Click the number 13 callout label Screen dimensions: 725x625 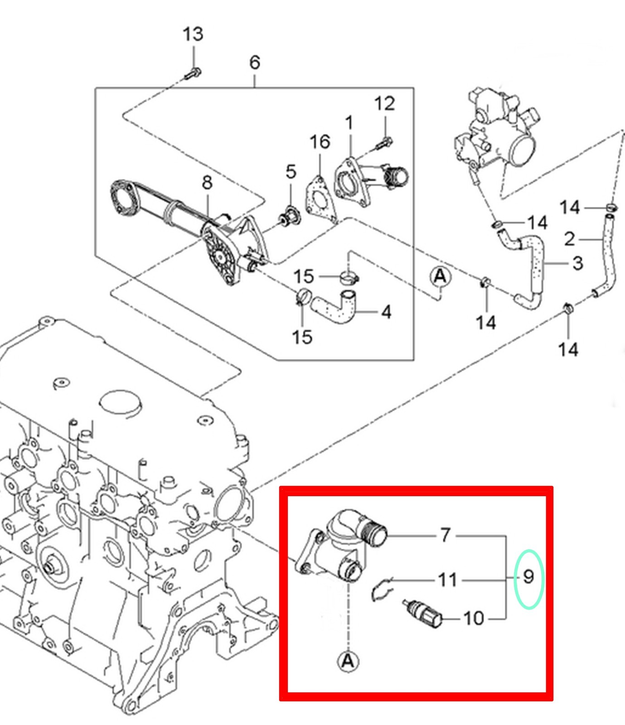[x=193, y=34]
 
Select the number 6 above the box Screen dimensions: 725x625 [x=255, y=62]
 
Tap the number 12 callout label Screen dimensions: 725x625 [x=384, y=104]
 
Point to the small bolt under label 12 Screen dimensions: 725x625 [x=384, y=143]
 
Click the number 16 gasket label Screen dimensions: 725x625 [x=320, y=142]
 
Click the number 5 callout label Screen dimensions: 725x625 [x=291, y=172]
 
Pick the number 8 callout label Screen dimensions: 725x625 [x=207, y=183]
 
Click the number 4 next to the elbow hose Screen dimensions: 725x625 [x=386, y=312]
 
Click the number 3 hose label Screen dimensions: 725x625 [x=577, y=263]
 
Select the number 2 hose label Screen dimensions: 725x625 [x=570, y=239]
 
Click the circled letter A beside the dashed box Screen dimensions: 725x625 [x=440, y=276]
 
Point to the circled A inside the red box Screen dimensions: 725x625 [x=348, y=661]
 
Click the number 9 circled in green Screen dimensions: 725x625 [x=528, y=578]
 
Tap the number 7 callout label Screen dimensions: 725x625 [x=445, y=536]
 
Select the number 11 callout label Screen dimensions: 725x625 [x=447, y=580]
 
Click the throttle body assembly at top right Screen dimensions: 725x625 [x=499, y=131]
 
